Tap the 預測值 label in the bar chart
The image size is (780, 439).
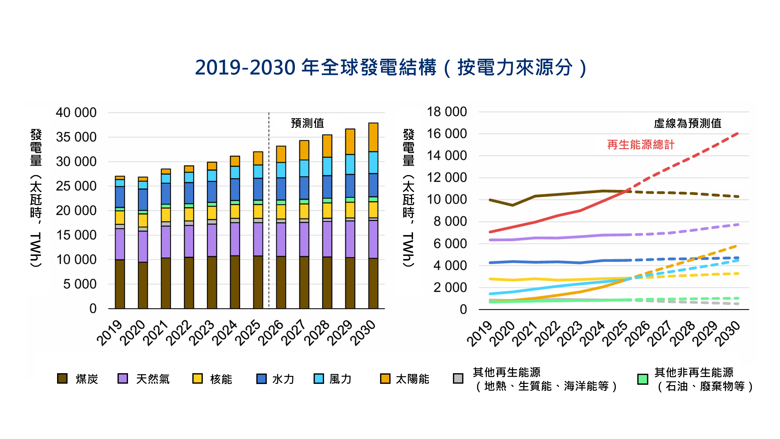[x=307, y=123]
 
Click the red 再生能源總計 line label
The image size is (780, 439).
[x=641, y=145]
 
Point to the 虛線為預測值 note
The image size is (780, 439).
[x=687, y=123]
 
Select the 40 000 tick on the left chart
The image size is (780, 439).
[x=76, y=113]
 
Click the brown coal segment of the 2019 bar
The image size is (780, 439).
[x=120, y=284]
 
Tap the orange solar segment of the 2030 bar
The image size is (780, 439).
[x=373, y=137]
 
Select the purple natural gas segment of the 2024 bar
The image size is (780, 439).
[x=235, y=239]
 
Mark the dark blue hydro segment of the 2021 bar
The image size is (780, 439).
[x=166, y=193]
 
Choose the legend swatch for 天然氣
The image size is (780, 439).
[x=123, y=378]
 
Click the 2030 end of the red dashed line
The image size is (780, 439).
[x=738, y=134]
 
